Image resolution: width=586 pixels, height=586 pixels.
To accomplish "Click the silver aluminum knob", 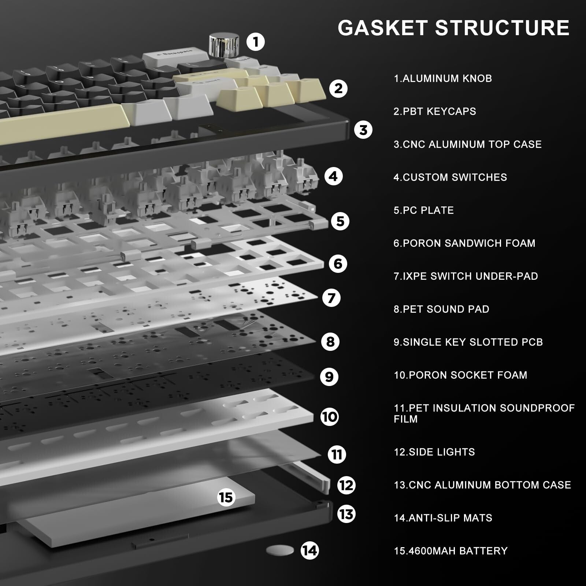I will [224, 45].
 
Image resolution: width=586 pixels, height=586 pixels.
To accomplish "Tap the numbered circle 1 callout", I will [256, 42].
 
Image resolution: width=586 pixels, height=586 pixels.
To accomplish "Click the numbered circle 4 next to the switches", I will [333, 177].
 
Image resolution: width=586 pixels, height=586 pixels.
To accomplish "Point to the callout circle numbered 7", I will [331, 298].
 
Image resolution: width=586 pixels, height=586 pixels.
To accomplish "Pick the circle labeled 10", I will [330, 417].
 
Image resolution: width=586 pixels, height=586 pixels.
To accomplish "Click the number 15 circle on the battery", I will [226, 497].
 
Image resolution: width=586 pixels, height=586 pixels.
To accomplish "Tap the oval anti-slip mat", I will [280, 550].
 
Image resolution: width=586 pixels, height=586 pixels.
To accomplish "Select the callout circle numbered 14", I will [309, 550].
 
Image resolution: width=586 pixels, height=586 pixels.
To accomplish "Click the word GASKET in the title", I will [382, 28].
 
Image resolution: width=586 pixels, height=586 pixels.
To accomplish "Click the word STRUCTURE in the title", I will [502, 28].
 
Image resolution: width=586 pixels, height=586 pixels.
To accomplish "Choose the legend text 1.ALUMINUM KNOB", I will [442, 78].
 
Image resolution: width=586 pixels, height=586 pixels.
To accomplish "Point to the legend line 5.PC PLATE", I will [423, 210].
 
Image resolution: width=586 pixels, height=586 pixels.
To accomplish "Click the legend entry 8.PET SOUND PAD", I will [441, 309].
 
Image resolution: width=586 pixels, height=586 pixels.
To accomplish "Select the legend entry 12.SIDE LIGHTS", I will [434, 452].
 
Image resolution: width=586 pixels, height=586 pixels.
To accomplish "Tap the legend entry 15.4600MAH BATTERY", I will [450, 551].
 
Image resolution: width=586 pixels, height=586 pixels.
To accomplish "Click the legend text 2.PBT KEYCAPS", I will [435, 111].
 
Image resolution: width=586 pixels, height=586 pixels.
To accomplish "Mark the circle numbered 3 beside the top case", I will [363, 130].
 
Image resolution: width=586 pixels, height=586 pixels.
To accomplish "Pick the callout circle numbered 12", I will [346, 485].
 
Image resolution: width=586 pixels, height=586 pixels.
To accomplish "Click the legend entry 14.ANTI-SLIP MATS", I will [443, 518].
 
